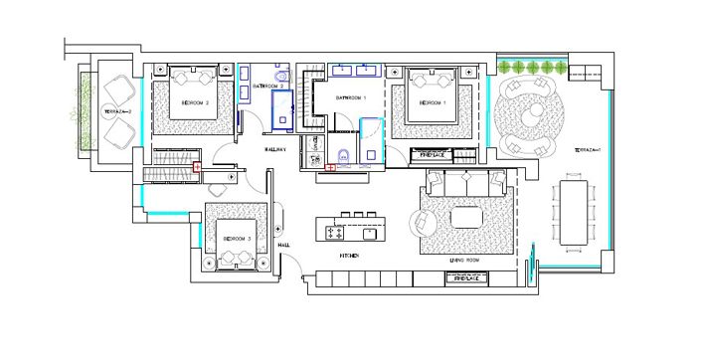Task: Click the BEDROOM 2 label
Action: coord(194,102)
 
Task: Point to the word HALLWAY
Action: coord(275,149)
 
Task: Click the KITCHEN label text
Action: coord(349,256)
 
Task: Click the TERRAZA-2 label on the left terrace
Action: coord(118,111)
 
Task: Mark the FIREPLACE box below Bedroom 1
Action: coord(432,154)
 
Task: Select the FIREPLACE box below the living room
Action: coord(467,279)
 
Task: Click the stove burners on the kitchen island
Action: coord(335,233)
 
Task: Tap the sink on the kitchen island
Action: coord(369,234)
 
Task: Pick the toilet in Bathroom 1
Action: coord(342,153)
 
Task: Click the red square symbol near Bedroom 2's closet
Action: coord(197,167)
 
